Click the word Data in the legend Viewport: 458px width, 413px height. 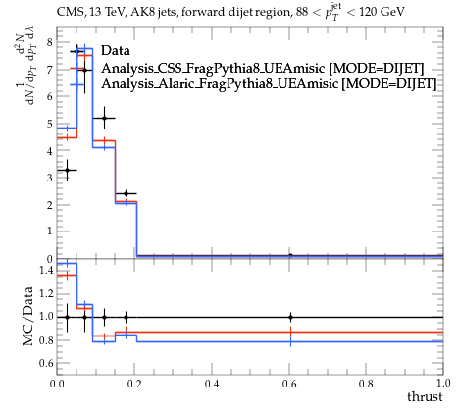(x=116, y=50)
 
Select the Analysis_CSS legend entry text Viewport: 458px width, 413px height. (x=263, y=68)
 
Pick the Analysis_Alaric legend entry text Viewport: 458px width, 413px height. (x=269, y=83)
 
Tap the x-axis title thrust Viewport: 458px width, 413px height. (x=425, y=396)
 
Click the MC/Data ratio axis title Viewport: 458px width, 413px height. (x=28, y=317)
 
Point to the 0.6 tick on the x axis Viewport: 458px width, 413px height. (x=289, y=384)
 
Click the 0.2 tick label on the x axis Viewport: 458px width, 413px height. (x=134, y=384)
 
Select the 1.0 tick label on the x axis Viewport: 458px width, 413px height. (x=443, y=384)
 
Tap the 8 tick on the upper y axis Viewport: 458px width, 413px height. (x=49, y=42)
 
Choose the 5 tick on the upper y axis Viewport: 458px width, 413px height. (x=49, y=124)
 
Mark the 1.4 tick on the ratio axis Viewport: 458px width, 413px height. (x=46, y=270)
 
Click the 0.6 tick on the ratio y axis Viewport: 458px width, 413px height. (x=46, y=363)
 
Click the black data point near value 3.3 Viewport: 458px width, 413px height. (x=67, y=170)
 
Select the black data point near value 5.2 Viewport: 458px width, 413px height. (x=104, y=118)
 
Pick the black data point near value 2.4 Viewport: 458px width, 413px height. (x=126, y=194)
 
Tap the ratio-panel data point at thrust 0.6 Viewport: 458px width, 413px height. (x=290, y=317)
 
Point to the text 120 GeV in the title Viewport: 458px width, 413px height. (x=382, y=12)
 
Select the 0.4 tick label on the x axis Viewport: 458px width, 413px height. (x=212, y=384)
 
